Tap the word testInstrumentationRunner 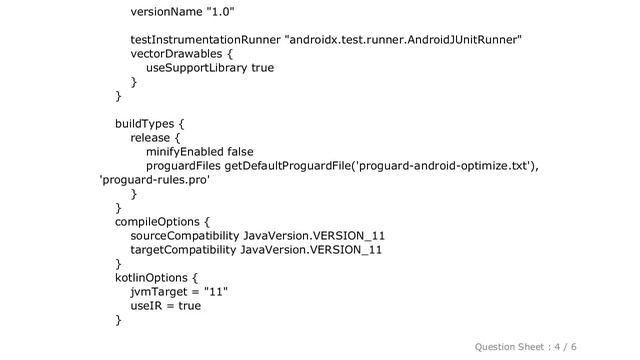206,40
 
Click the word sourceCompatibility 184,236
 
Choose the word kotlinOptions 152,278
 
